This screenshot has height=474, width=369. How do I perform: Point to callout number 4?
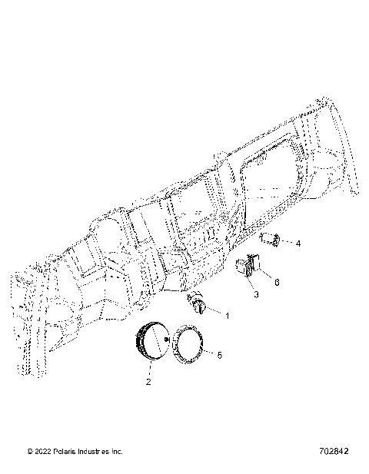(298, 243)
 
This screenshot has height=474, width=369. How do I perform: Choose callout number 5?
(220, 355)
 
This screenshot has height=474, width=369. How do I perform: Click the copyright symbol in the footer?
(30, 452)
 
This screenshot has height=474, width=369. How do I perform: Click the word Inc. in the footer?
(117, 452)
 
